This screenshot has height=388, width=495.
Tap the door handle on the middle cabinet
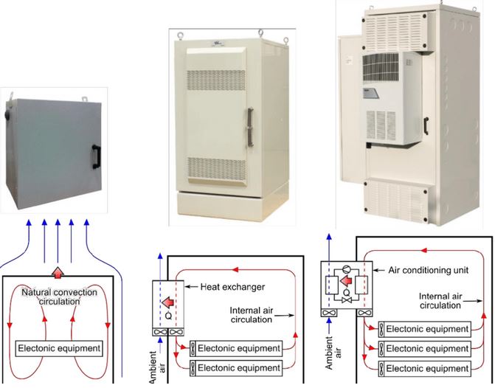250,127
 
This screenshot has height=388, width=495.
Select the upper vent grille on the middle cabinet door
216,80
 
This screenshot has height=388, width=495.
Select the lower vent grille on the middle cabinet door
217,168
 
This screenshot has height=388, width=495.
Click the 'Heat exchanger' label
232,287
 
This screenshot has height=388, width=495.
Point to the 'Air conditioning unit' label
429,270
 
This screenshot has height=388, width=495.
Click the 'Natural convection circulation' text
59,297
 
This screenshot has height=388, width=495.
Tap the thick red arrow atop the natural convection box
58,273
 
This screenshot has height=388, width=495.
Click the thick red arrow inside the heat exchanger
168,302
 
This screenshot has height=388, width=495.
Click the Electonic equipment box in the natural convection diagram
59,349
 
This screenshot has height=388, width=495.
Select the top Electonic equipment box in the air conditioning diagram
425,329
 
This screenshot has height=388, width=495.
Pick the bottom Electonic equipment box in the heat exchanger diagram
236,368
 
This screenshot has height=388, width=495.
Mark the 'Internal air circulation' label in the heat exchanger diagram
252,315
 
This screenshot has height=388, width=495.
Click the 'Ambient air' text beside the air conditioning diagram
333,353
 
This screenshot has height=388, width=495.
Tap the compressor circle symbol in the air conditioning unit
347,268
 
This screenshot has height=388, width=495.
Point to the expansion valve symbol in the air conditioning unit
347,300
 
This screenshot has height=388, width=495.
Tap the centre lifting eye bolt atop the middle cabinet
260,32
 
